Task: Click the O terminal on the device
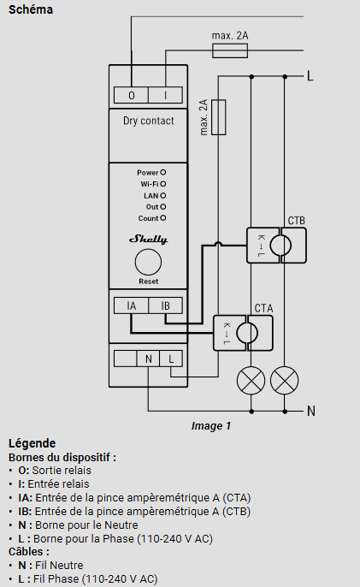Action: [131, 95]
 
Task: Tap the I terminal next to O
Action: [165, 95]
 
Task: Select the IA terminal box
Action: [131, 305]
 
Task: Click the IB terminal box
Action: [165, 305]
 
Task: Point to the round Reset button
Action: [148, 262]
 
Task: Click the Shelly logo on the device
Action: [148, 239]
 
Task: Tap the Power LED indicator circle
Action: [162, 173]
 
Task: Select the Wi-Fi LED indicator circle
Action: [162, 184]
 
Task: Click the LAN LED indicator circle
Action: [162, 195]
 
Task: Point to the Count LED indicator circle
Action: [162, 218]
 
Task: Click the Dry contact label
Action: [149, 121]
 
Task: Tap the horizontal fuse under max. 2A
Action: [230, 50]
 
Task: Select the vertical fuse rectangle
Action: [219, 117]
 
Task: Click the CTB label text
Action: [297, 221]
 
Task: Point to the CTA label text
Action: [263, 308]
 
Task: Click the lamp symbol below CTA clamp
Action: [251, 381]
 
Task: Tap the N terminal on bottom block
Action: [148, 359]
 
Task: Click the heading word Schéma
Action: [31, 9]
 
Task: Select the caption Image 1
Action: [211, 426]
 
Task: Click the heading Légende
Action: [32, 443]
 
